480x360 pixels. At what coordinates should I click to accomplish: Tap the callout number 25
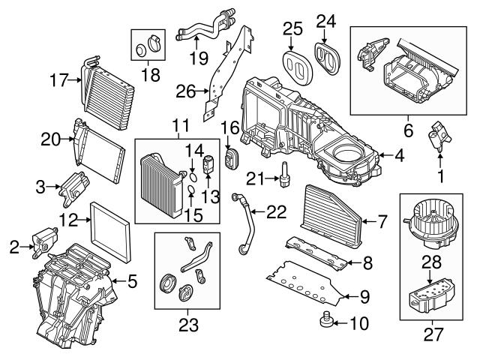click(292, 29)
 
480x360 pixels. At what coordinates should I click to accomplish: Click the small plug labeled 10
click(326, 322)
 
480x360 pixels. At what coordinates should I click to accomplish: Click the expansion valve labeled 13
click(208, 161)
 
